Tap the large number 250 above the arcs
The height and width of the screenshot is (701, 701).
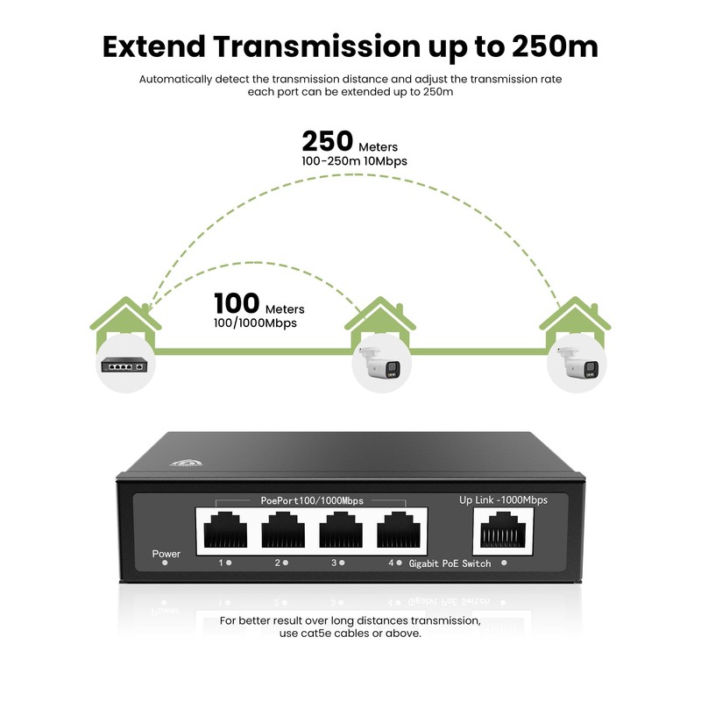tap(327, 142)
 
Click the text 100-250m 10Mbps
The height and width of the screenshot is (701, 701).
tap(354, 161)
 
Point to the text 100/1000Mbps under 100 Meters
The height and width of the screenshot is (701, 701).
tap(255, 322)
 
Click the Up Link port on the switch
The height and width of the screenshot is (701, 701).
tap(503, 531)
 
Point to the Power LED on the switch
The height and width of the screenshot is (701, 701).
tap(165, 564)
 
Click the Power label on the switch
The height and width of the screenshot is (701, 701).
tap(166, 554)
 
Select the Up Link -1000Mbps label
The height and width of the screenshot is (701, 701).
tap(503, 500)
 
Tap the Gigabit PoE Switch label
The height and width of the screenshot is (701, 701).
tap(450, 563)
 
